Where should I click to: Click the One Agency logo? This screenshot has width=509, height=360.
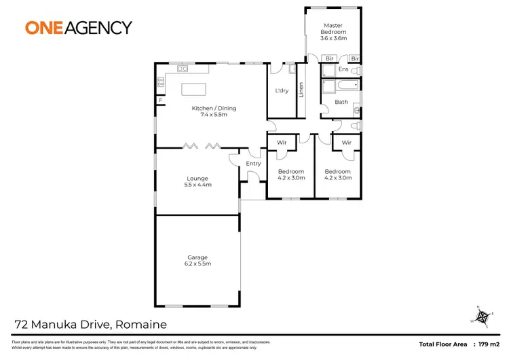coord(78,27)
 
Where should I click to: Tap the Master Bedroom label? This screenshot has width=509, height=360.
coord(333,32)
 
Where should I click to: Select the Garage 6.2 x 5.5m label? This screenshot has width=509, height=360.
coord(197,261)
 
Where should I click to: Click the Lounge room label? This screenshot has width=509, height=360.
coord(197,181)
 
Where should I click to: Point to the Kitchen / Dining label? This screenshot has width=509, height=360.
coord(214,111)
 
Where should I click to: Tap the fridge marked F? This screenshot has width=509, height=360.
coord(161,101)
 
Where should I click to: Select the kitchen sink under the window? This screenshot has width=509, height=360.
coord(183,68)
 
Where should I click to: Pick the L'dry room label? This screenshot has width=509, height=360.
coord(282,91)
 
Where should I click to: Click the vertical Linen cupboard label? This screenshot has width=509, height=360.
coord(301,90)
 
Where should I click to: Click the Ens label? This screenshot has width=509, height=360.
coord(343,69)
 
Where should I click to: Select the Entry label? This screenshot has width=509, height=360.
coord(253,164)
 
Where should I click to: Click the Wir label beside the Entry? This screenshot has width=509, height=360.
coord(281,143)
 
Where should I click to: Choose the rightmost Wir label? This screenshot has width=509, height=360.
coord(346,143)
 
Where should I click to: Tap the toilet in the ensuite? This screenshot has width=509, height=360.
coord(357,70)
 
